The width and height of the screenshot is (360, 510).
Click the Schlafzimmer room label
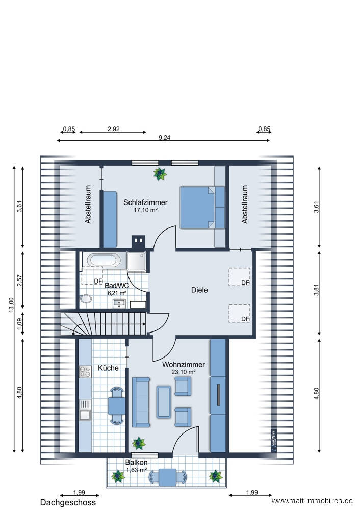point(145,202)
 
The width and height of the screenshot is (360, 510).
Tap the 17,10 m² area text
point(145,210)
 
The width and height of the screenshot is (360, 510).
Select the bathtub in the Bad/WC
point(105,261)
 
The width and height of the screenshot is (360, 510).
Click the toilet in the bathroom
point(86,298)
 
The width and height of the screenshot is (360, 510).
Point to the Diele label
point(199,290)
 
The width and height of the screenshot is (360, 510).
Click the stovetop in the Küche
point(85,372)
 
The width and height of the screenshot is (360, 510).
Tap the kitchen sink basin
point(85,415)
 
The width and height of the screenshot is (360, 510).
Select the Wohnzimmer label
point(184,365)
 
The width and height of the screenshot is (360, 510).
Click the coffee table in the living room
point(164,402)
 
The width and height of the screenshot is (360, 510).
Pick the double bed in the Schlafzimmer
point(198,207)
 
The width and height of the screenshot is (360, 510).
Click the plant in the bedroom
point(160,174)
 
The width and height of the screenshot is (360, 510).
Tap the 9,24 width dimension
point(164,138)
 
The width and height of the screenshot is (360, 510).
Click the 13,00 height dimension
point(11,305)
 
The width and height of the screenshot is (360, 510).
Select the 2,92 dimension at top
point(114,129)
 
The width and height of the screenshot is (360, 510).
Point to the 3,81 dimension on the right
point(316,290)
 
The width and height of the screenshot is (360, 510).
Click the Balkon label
point(137,462)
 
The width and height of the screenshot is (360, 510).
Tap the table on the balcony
point(167,477)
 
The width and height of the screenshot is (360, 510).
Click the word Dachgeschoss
point(68,502)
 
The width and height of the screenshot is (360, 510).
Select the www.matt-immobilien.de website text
point(312,501)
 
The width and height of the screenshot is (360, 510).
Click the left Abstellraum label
point(88,205)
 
